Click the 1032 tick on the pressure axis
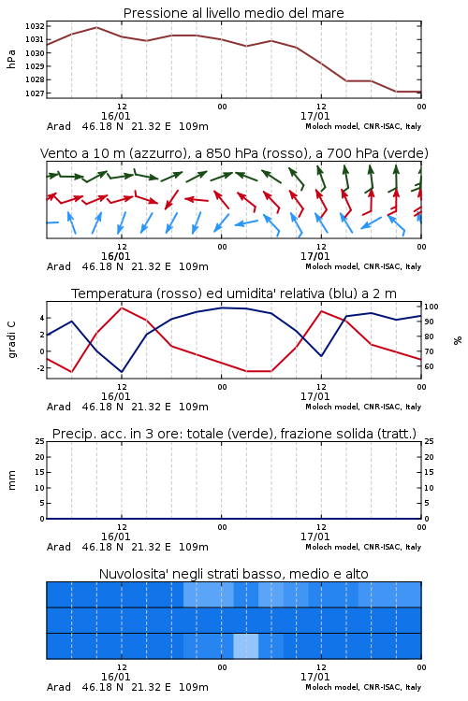coord(35,26)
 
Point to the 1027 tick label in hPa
coord(35,93)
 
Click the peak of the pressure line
coord(96,28)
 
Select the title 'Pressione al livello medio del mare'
coord(233,13)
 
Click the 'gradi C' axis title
coord(11,340)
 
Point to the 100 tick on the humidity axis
coord(431,307)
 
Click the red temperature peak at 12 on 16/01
coord(122,308)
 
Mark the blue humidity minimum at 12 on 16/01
coord(122,372)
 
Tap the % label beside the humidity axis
coord(458,340)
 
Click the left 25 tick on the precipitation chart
coord(40,441)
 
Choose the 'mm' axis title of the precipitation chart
coord(11,480)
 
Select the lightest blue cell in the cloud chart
coord(246,646)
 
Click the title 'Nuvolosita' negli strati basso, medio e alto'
coord(233,574)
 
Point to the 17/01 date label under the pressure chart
coord(314,116)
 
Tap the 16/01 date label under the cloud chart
coord(115,677)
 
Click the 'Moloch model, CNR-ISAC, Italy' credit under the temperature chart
coord(363,407)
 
